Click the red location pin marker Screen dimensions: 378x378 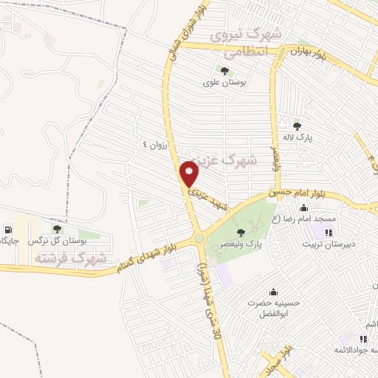[190, 174]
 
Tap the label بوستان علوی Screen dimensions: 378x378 [224, 82]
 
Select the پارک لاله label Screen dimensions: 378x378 [299, 137]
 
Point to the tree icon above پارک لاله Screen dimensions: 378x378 [297, 126]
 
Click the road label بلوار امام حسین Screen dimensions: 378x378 [298, 194]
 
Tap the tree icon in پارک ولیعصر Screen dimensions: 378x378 [241, 232]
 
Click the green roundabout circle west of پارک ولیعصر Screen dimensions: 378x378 [199, 238]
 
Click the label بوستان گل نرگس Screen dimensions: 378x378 [52, 241]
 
